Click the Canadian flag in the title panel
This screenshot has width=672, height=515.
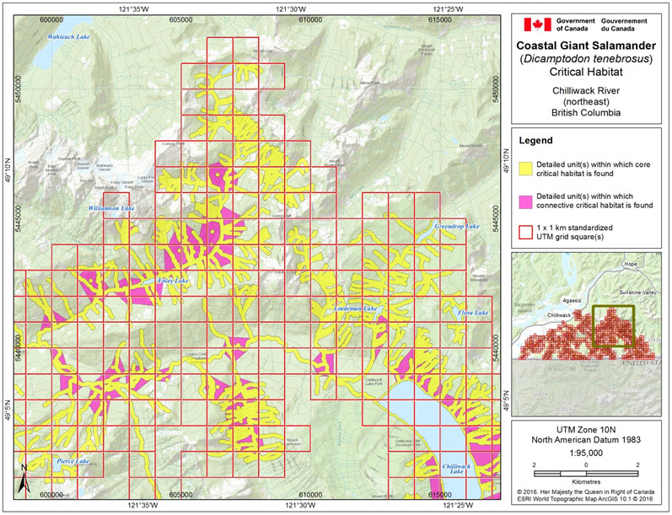point(537,24)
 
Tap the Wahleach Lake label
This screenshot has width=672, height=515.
point(69,37)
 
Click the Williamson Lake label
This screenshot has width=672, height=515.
point(111,207)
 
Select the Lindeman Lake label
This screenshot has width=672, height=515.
point(358,310)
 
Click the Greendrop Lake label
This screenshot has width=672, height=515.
point(456,227)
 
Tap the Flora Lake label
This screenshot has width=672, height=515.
point(472,314)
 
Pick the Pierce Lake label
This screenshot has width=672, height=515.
point(73,461)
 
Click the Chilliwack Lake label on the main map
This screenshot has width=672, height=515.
point(454,469)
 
